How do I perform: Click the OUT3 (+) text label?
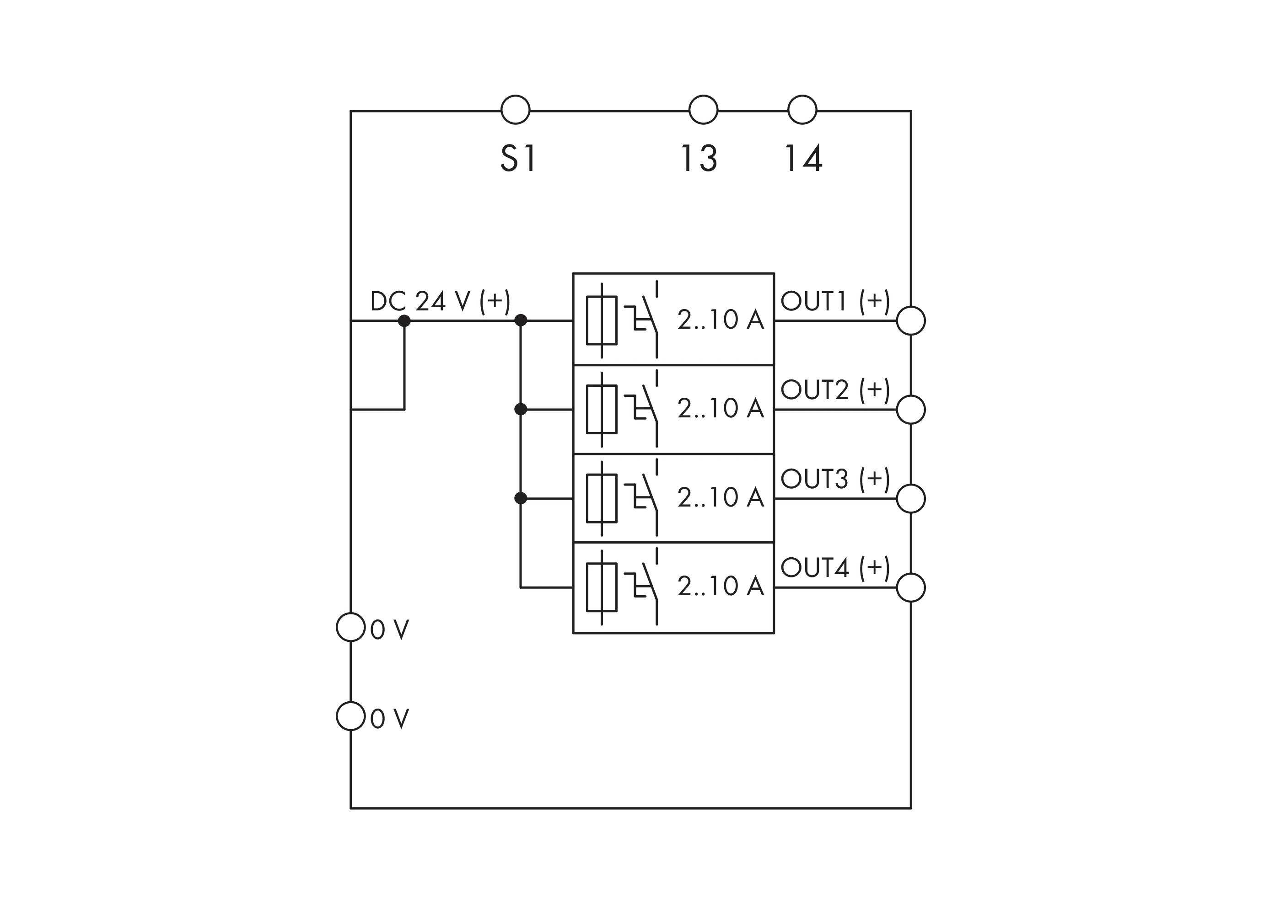(x=834, y=479)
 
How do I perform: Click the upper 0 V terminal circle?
(x=350, y=627)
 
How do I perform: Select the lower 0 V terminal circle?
(x=350, y=715)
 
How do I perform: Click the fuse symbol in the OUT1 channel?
(x=602, y=320)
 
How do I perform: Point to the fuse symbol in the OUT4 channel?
(x=602, y=587)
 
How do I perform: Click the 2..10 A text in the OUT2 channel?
(x=720, y=408)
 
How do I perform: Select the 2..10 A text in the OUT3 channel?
(x=720, y=497)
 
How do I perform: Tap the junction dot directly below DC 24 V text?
(x=404, y=320)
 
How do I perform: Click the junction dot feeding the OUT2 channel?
(x=521, y=409)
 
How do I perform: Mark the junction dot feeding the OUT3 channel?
(x=521, y=498)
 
